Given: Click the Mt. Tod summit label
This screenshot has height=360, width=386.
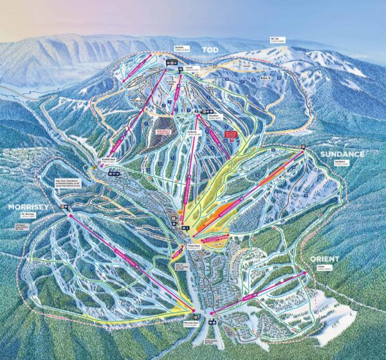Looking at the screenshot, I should (277, 41).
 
